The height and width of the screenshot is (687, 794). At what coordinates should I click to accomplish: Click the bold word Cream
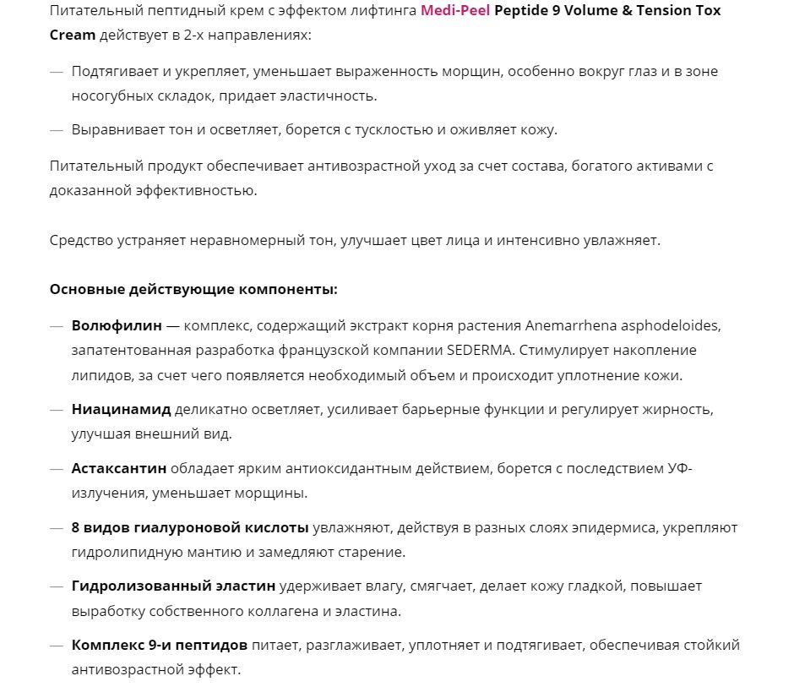[x=72, y=36]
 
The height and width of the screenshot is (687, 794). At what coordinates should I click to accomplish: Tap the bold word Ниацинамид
[x=122, y=410]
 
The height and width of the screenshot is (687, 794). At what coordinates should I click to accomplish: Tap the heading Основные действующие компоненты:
[x=193, y=289]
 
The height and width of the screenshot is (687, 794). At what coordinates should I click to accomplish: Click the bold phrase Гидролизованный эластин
[x=174, y=586]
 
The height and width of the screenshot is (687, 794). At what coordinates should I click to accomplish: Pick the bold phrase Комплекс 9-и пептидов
[x=160, y=645]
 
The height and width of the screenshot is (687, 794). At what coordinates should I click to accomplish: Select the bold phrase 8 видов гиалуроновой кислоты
[x=190, y=527]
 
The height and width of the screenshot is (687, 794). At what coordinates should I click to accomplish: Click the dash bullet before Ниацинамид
[x=57, y=410]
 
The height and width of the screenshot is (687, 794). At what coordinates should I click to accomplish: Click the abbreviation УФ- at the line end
[x=679, y=468]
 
